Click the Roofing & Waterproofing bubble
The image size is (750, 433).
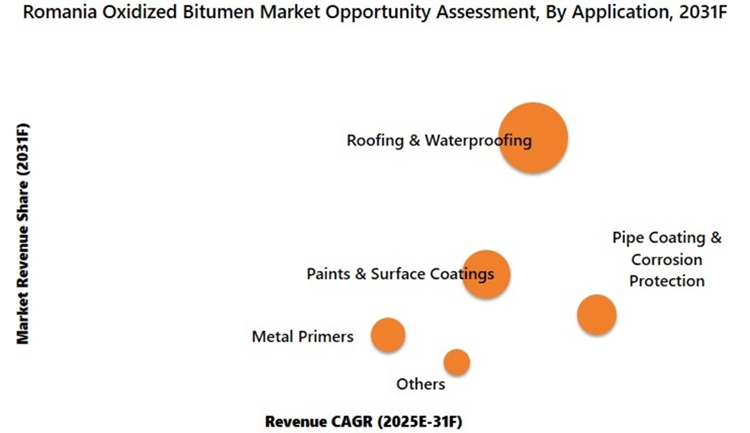point(533,137)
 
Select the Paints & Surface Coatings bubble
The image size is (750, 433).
point(486,274)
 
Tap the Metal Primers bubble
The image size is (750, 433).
point(389,335)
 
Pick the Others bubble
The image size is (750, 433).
point(456,362)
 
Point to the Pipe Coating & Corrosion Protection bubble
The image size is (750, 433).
point(597,314)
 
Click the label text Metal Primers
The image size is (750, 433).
point(302,336)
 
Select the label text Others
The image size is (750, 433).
point(420,384)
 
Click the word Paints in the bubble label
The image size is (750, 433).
point(327,274)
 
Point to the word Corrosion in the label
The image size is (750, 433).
point(667,260)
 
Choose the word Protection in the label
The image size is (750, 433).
point(667,280)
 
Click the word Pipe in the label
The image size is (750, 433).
point(626,238)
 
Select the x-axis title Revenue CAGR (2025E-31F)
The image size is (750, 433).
point(364,420)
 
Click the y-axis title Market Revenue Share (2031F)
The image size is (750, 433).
point(23,233)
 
